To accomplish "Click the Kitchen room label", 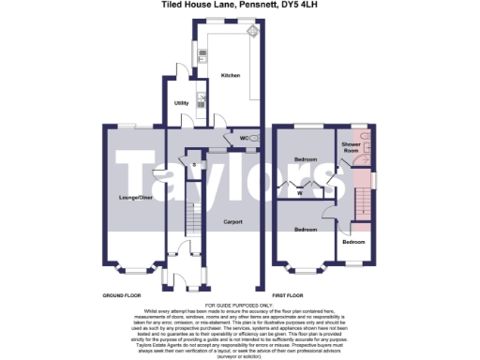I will (230, 74).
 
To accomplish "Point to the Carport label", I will (232, 222).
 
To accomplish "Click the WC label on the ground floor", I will (243, 139).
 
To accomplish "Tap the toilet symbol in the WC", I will (255, 139).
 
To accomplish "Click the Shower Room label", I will (352, 147).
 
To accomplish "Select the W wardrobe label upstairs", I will (300, 194).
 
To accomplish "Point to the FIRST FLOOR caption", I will (301, 294).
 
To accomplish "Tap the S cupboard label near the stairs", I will (193, 166).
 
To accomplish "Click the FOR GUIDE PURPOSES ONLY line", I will (239, 306).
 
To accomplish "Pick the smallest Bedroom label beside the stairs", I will (352, 242).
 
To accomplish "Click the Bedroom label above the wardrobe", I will (306, 160).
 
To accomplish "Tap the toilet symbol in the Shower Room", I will (368, 140).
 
